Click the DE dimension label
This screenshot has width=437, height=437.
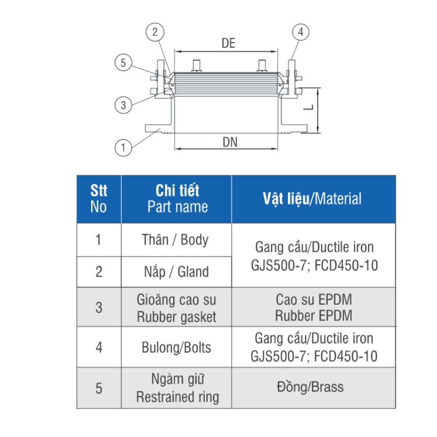coord(228,43)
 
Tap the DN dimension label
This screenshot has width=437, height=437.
coord(230,142)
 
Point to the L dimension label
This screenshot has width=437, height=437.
coord(309,107)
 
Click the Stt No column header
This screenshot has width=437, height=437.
coord(99,199)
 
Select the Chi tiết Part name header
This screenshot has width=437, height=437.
coord(176,199)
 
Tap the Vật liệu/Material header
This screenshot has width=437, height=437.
coord(313,199)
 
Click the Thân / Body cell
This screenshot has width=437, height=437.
coord(176,240)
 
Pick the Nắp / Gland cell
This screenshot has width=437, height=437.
coord(176,271)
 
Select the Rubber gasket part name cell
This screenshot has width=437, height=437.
coord(176,308)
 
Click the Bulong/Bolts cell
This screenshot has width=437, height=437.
coord(176,347)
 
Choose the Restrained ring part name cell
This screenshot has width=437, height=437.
coord(176,388)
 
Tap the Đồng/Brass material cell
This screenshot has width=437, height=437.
coord(313,388)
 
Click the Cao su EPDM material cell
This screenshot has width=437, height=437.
coord(313,308)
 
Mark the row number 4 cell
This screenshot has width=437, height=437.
coord(99,347)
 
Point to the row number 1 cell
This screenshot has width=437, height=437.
coord(99,240)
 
